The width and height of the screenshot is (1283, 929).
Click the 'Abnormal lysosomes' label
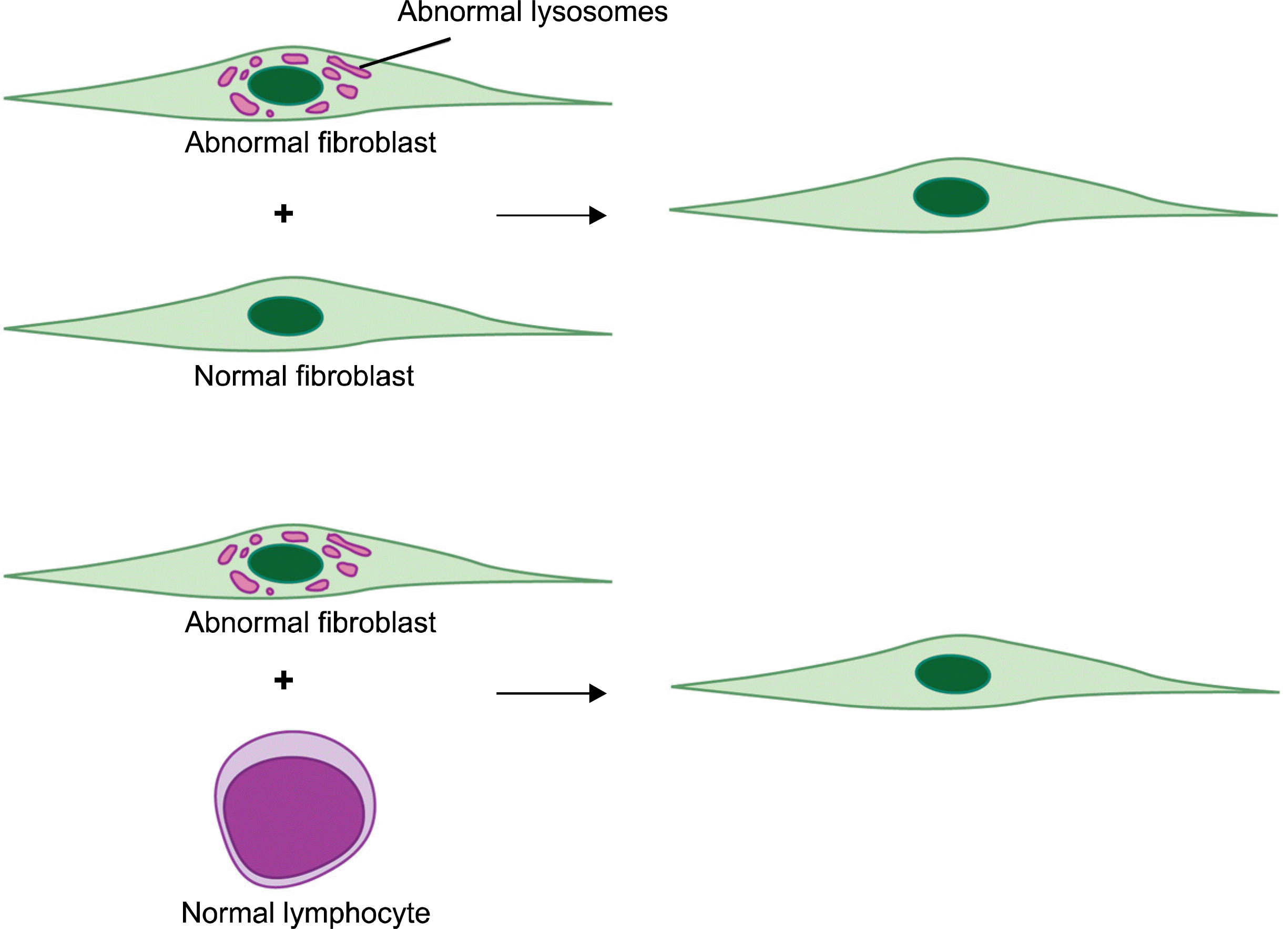[x=532, y=13]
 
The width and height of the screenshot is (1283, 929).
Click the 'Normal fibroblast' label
[x=304, y=376]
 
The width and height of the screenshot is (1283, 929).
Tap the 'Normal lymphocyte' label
[x=306, y=912]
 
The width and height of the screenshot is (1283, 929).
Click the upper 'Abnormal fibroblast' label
[x=310, y=142]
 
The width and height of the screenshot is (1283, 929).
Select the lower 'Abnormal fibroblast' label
[x=310, y=622]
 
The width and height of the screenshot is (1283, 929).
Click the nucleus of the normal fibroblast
[x=285, y=316]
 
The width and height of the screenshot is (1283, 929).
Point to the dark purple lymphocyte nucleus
[x=293, y=817]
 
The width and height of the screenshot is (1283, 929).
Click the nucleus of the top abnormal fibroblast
[x=285, y=86]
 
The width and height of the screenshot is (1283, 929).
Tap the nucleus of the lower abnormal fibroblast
[x=285, y=563]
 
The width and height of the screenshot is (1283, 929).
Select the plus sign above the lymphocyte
[x=283, y=680]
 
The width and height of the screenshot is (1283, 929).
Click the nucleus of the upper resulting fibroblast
[x=951, y=197]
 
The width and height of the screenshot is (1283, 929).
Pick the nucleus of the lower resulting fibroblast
[x=953, y=674]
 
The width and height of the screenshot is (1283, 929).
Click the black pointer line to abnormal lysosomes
[x=404, y=53]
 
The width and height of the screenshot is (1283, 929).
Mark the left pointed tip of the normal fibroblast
[x=6, y=328]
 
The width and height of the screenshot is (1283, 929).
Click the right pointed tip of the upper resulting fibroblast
[x=1275, y=215]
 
